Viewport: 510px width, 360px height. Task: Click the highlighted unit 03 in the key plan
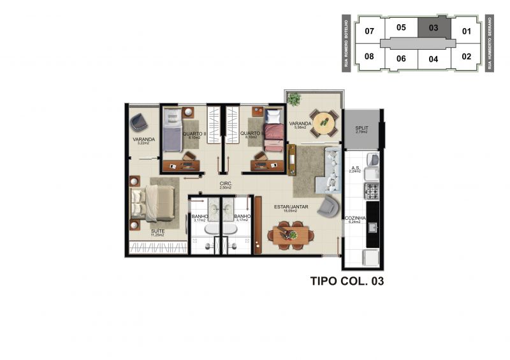tap(433, 28)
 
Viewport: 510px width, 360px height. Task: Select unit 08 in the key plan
tap(369, 56)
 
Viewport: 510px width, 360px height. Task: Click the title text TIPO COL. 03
tap(347, 280)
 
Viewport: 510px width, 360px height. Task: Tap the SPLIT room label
tap(361, 129)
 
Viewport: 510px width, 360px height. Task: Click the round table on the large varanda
tap(324, 120)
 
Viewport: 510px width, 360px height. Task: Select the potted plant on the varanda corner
tap(294, 99)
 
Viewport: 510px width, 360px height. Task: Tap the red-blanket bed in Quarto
tap(273, 133)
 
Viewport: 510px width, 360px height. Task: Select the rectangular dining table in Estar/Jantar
tap(291, 234)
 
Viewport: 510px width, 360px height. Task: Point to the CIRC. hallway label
tap(224, 184)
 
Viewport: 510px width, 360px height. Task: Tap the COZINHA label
tap(355, 219)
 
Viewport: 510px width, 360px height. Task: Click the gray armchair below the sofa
tap(330, 205)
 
